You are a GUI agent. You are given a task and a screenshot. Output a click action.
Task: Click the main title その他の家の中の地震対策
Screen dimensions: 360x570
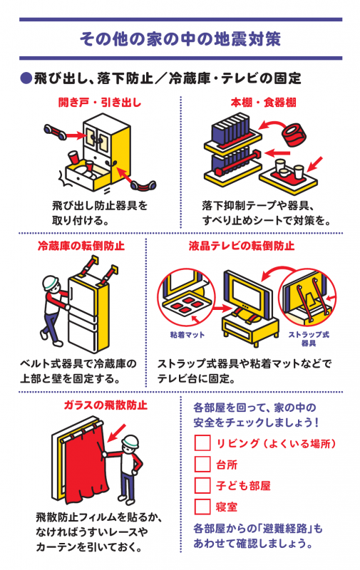[180, 39]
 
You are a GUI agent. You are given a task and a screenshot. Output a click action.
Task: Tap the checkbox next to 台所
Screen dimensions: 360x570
[202, 465]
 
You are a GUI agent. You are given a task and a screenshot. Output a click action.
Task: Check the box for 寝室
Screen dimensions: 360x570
[202, 507]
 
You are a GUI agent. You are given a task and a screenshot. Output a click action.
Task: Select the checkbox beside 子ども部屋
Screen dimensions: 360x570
[202, 485]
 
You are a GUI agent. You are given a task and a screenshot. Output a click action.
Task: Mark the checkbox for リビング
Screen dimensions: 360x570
[202, 443]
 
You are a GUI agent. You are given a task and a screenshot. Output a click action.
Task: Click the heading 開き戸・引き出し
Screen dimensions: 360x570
[100, 103]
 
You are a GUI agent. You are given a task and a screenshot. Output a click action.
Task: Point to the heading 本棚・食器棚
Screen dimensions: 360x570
[263, 103]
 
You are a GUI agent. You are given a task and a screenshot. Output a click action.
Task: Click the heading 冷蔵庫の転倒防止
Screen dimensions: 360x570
[81, 246]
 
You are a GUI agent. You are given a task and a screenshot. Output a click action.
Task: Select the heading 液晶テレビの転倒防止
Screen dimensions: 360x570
[242, 246]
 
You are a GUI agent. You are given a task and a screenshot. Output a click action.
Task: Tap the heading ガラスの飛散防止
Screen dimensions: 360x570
[106, 405]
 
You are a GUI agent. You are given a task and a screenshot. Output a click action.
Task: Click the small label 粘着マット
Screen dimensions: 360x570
[187, 334]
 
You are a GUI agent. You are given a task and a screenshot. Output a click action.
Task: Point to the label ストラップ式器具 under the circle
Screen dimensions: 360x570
[309, 338]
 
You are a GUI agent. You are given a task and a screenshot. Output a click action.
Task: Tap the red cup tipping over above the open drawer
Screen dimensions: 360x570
[73, 157]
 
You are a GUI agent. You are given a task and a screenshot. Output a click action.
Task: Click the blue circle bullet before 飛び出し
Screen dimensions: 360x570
[26, 78]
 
